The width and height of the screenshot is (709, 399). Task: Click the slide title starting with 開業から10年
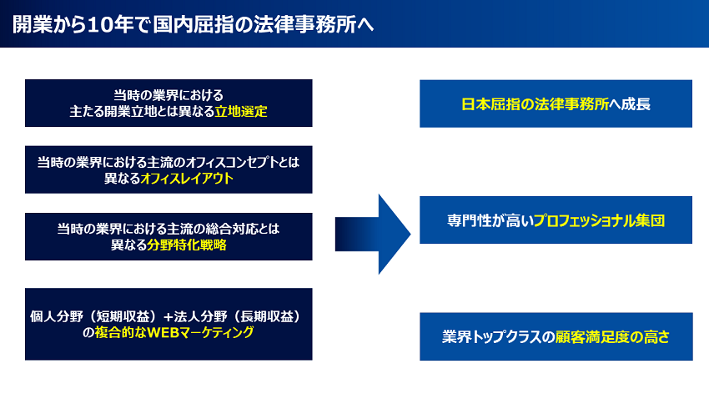tap(193, 24)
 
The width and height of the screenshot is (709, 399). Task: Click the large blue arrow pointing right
tap(373, 235)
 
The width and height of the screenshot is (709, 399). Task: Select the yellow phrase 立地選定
tap(241, 112)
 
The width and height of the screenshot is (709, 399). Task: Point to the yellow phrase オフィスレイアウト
tap(187, 179)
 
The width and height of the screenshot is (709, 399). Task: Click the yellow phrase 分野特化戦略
tap(187, 245)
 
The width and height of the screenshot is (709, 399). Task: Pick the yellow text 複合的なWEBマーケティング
tap(174, 332)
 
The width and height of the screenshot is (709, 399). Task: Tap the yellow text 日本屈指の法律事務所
tap(535, 104)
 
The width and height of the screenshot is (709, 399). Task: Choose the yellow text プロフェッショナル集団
tap(599, 220)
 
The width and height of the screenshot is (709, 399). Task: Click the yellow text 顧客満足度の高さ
tap(612, 337)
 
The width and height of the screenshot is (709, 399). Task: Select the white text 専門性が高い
tap(490, 220)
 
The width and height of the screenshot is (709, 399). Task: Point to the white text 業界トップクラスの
tap(498, 337)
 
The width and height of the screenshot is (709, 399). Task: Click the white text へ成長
tap(630, 104)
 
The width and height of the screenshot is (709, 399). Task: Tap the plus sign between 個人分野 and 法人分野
tap(168, 316)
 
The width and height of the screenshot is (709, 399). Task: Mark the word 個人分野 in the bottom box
tap(57, 316)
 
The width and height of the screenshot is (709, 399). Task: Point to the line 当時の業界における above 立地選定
tap(168, 95)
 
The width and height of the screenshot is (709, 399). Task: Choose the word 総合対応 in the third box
tap(232, 229)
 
